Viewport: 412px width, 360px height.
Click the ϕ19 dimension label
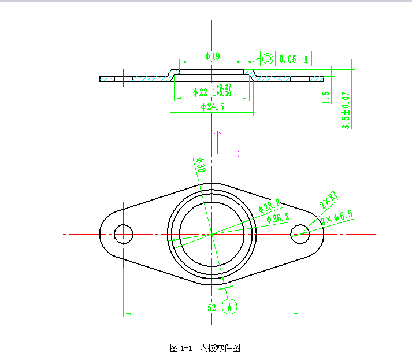pyautogui.click(x=212, y=56)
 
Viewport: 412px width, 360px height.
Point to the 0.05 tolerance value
pyautogui.click(x=288, y=59)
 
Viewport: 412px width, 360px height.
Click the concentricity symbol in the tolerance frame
pyautogui.click(x=268, y=59)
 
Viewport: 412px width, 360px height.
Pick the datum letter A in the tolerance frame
pyautogui.click(x=306, y=59)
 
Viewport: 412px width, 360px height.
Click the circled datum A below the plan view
pyautogui.click(x=229, y=307)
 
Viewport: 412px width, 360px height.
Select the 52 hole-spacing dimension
pyautogui.click(x=212, y=308)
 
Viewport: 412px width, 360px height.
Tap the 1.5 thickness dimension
pyautogui.click(x=328, y=97)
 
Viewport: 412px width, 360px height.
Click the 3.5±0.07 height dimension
pyautogui.click(x=346, y=110)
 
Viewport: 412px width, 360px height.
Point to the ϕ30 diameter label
pyautogui.click(x=201, y=165)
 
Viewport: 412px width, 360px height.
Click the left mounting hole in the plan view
pyautogui.click(x=123, y=234)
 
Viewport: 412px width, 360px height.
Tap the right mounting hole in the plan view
pyautogui.click(x=300, y=234)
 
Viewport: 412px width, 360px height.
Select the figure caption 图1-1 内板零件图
pyautogui.click(x=205, y=348)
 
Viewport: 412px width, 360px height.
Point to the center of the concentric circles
pyautogui.click(x=212, y=234)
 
